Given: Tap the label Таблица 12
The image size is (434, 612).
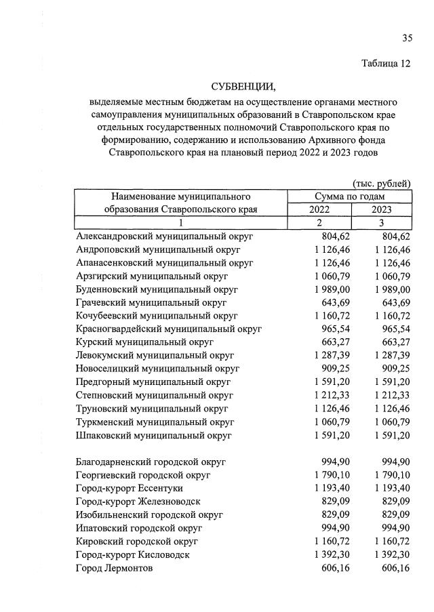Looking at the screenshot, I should click(386, 64).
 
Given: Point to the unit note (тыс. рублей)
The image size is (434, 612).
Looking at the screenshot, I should click(382, 183).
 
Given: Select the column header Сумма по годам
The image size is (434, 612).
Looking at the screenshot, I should click(350, 196).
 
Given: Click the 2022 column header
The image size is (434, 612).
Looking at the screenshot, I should click(319, 209).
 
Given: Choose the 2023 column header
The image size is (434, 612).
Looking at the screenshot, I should click(381, 209).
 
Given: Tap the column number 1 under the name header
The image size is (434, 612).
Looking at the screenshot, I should click(181, 223).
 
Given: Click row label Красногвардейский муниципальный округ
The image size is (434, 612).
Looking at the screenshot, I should click(169, 329).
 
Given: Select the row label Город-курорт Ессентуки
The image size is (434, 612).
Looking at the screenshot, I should click(130, 488).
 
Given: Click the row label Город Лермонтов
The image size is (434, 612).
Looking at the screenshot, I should click(115, 568).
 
